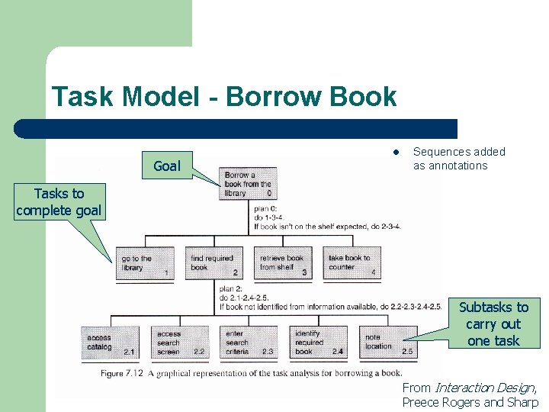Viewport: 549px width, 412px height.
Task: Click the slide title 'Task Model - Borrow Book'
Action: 224,97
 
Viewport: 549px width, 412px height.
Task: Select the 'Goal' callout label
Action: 167,166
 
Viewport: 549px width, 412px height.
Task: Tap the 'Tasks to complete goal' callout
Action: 59,203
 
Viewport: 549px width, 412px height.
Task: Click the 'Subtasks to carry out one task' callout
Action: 493,323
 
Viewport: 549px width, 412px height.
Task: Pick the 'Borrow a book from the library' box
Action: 248,184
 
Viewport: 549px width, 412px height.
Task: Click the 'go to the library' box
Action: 144,263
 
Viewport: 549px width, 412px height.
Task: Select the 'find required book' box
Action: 213,263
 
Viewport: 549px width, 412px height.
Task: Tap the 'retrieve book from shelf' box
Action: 282,263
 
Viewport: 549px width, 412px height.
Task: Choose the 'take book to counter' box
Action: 351,263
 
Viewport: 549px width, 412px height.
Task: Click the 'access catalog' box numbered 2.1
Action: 110,343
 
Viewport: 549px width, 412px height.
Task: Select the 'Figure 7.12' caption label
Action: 123,373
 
